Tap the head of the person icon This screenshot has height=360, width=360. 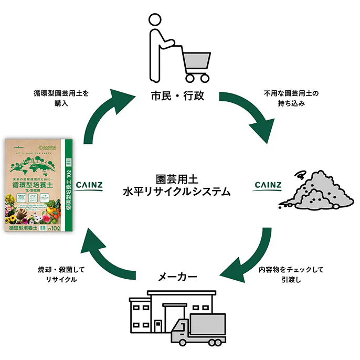pyautogui.click(x=155, y=20)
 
